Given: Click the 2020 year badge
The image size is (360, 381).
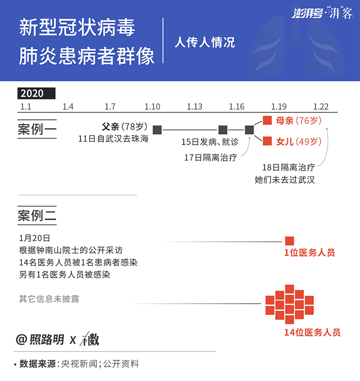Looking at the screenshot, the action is click(x=37, y=93).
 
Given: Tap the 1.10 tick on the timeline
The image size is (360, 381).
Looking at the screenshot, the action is click(x=152, y=107).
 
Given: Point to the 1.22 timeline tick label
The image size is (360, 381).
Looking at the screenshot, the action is click(x=321, y=107).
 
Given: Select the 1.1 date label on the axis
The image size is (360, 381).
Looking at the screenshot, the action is click(x=26, y=107).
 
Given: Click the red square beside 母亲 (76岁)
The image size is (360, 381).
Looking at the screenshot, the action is click(x=267, y=120).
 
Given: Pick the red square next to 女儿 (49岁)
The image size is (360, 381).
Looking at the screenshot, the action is click(x=267, y=141).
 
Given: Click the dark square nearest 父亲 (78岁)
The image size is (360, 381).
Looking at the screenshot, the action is click(x=157, y=130).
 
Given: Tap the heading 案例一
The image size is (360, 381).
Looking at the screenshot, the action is click(x=37, y=129).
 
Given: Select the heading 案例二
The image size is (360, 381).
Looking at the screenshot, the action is click(x=37, y=216).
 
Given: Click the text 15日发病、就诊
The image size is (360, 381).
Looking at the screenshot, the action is click(x=210, y=142).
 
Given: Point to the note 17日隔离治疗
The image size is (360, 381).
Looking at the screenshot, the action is click(x=211, y=158).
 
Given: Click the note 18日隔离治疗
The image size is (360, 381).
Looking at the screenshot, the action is click(x=289, y=167).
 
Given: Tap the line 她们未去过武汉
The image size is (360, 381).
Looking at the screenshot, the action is click(x=285, y=180).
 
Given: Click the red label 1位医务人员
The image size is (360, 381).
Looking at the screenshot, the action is click(x=310, y=253).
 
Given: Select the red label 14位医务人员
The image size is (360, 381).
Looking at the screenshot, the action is click(x=312, y=332).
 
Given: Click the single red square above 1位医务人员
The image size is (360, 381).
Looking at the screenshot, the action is click(x=290, y=241).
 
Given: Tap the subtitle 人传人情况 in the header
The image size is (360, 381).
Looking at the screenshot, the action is click(x=205, y=42).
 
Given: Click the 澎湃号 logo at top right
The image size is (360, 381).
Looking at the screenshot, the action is click(x=307, y=13).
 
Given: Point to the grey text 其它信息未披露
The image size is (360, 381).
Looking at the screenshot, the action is click(x=49, y=299).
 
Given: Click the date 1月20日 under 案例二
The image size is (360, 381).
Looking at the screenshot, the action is click(x=34, y=238).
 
